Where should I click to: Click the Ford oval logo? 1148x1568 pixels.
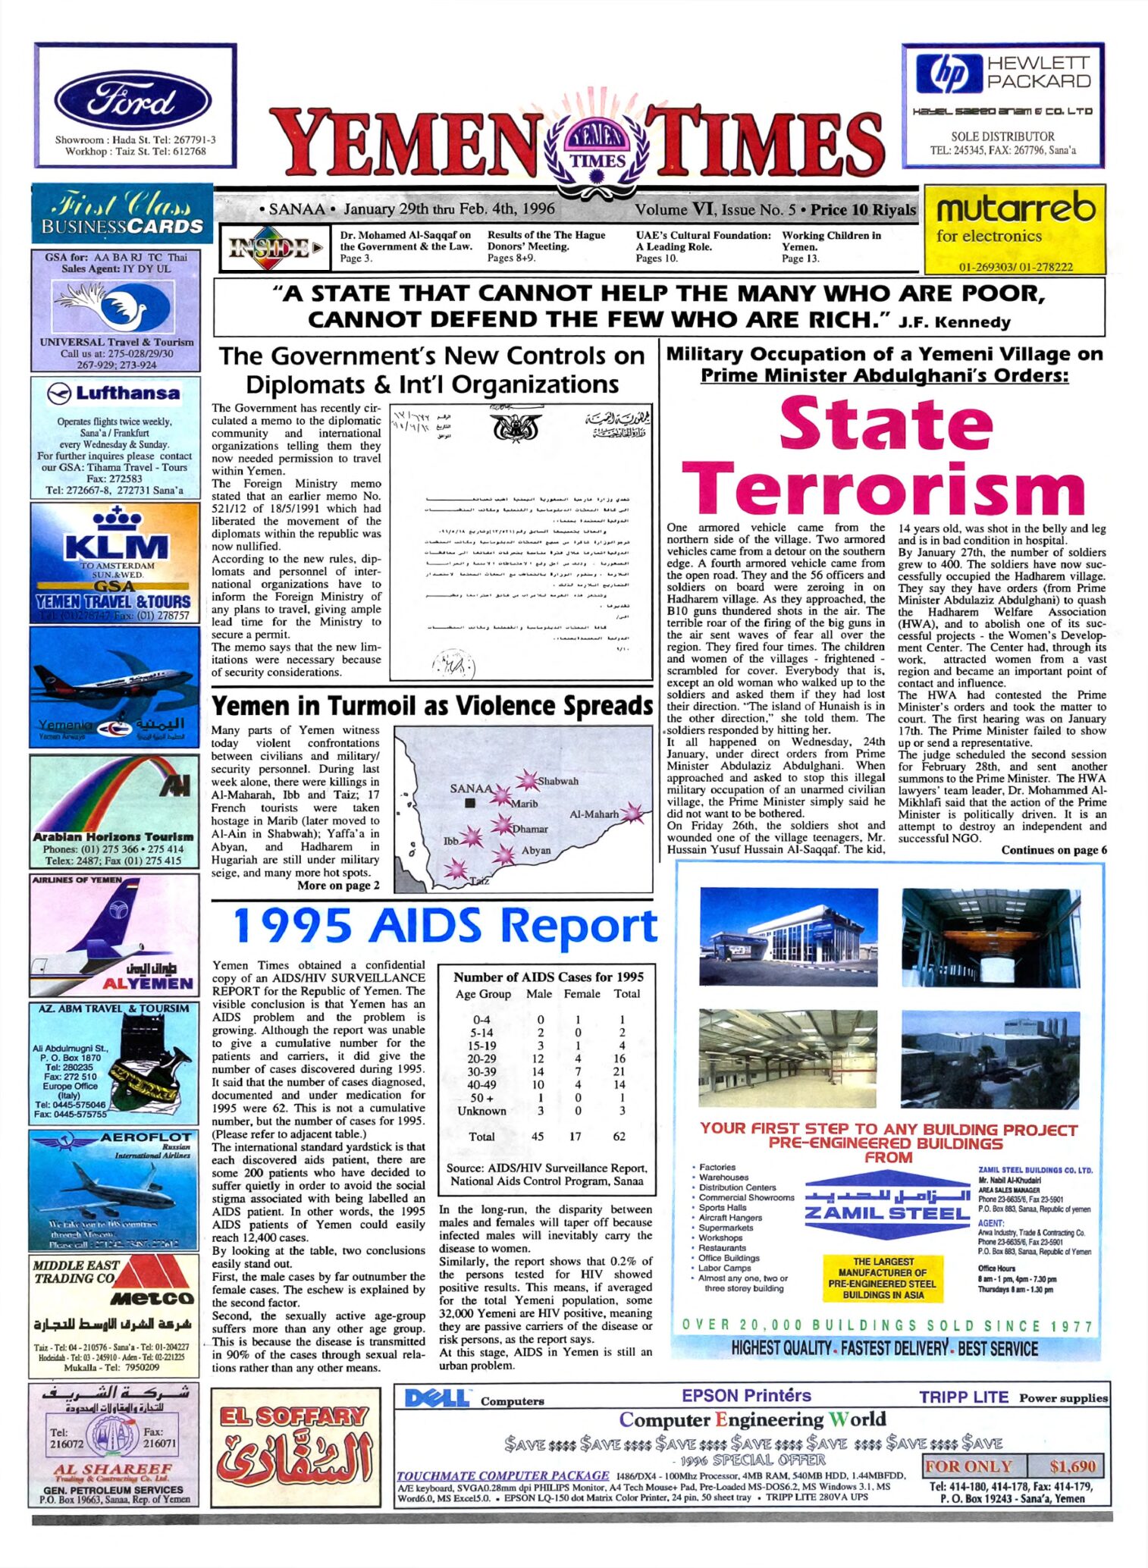pos(133,101)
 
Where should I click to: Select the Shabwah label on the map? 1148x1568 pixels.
pos(558,781)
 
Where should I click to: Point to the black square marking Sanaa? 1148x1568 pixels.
pos(471,803)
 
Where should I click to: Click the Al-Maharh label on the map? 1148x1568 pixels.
pos(594,814)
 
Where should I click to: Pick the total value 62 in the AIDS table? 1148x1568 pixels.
pos(619,1136)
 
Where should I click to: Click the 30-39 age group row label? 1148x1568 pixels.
pos(481,1071)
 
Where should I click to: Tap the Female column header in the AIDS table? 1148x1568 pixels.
pos(582,993)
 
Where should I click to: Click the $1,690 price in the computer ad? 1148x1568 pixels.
pos(1073,1466)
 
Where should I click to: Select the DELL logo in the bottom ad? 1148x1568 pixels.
pos(438,1398)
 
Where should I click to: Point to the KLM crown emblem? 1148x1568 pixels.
pos(118,519)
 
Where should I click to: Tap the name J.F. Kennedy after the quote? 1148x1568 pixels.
pos(954,322)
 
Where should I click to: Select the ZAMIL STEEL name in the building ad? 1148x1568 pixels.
pos(886,1212)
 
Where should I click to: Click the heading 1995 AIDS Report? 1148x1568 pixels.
pos(445,927)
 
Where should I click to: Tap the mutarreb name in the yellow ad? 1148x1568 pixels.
pos(1015,208)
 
